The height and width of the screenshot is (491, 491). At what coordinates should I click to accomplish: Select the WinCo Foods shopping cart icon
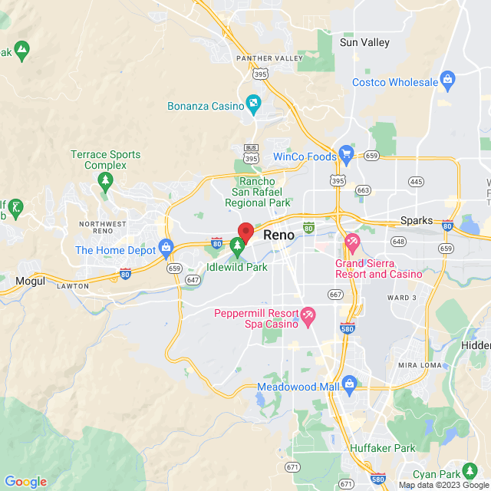346,153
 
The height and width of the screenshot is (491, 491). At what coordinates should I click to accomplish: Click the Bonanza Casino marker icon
253,102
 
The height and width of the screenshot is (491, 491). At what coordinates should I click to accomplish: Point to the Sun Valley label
364,43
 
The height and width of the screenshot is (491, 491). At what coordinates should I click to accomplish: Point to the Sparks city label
417,220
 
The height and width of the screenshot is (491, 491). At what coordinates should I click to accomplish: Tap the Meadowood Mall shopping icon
349,383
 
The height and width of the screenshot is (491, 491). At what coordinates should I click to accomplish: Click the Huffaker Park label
382,447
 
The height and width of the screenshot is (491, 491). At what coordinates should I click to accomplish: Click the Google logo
25,482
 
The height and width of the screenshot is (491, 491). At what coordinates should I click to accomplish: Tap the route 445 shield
416,182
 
